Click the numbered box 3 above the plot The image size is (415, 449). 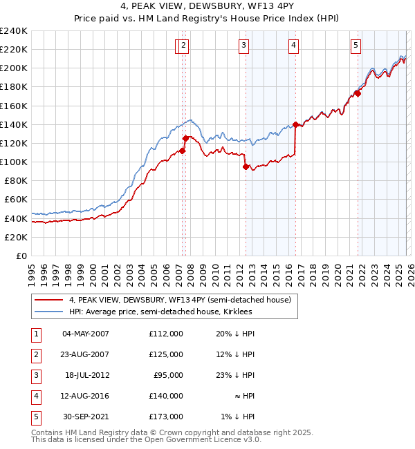244,46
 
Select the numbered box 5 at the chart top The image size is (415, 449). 356,46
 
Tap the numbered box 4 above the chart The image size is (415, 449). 294,46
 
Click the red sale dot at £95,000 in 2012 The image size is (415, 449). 246,166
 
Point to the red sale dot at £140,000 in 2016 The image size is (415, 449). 295,124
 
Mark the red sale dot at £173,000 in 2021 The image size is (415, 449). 358,93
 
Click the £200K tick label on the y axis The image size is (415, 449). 14,68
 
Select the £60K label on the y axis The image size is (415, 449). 16,199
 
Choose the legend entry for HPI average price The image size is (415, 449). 160,312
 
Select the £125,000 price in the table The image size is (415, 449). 166,354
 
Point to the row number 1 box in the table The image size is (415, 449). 35,334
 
